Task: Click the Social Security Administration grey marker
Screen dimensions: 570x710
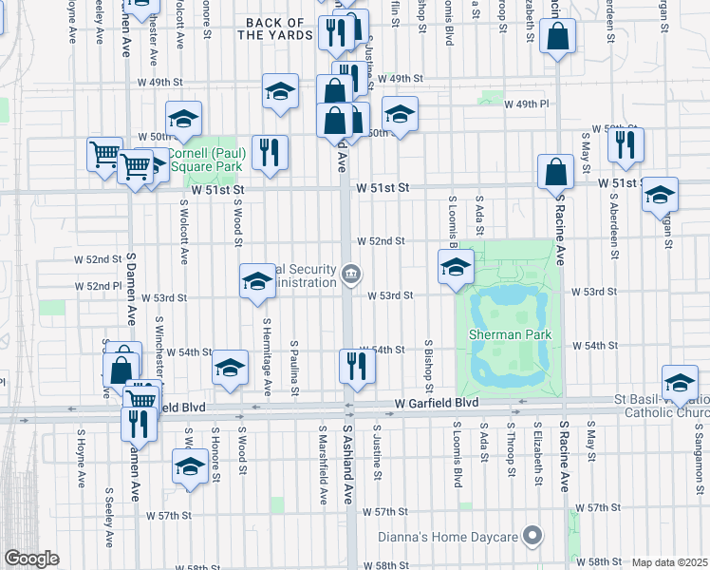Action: (350, 275)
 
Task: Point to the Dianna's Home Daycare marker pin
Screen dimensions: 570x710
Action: (533, 538)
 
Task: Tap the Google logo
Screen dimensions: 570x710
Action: (32, 559)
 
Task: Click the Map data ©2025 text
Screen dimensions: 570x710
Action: (670, 562)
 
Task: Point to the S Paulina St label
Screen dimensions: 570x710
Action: (296, 368)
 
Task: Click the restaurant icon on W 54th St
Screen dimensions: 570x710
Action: (356, 364)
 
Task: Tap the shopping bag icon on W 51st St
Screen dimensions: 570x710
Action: (555, 173)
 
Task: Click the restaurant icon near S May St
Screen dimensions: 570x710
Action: (626, 143)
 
